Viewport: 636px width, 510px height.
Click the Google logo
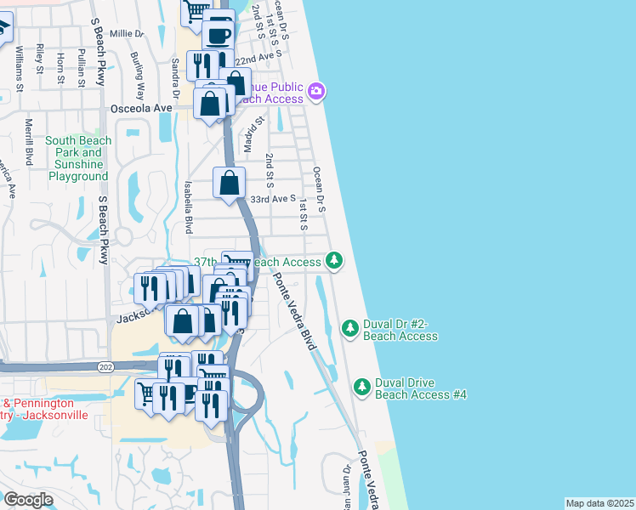tap(28, 500)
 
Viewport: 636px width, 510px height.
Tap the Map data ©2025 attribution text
tap(599, 503)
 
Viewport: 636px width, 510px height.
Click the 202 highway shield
tap(105, 366)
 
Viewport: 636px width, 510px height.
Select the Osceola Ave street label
tap(141, 109)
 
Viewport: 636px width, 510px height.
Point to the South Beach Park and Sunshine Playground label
tap(77, 159)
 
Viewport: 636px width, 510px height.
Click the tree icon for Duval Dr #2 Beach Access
tap(349, 327)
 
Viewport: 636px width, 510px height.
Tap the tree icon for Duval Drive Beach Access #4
tap(362, 387)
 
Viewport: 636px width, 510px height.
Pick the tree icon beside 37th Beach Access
tap(335, 260)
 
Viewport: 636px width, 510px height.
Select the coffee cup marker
tap(219, 36)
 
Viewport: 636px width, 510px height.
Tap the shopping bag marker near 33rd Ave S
tap(230, 182)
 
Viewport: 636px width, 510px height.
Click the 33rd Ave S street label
tap(272, 199)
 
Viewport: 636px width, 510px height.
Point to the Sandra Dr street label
tap(174, 78)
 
